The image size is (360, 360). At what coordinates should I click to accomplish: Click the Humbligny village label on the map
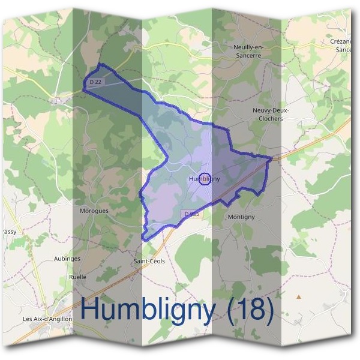204,179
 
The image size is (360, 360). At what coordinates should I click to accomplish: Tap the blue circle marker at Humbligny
205,179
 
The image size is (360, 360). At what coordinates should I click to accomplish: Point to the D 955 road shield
191,214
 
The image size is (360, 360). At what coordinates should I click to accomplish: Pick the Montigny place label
242,217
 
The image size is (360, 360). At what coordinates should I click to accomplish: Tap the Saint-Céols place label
149,261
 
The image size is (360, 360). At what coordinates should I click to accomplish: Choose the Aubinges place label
67,259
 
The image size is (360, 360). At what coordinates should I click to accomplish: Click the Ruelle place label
78,277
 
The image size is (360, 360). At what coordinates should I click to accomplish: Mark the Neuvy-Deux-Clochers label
268,115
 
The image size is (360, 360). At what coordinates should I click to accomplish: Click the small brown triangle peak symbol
298,296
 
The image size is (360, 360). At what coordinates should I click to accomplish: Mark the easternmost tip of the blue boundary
272,158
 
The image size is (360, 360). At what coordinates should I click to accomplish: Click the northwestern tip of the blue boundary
83,89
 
